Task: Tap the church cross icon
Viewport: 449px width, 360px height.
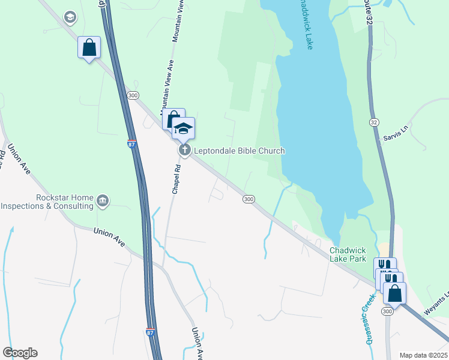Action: [185, 150]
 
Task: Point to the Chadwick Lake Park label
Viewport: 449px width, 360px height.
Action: [348, 254]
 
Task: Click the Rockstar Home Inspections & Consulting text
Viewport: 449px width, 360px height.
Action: [48, 202]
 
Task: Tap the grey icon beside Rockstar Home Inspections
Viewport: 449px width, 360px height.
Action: [103, 200]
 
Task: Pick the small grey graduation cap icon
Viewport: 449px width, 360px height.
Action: [70, 17]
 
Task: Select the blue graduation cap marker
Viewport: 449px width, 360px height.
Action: [184, 128]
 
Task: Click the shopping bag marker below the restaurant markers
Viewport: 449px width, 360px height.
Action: [394, 293]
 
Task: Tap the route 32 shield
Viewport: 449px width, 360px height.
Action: [374, 122]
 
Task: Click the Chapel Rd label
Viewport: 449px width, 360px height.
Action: [176, 177]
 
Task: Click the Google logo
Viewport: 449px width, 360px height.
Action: [20, 352]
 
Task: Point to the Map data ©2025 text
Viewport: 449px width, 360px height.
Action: [423, 355]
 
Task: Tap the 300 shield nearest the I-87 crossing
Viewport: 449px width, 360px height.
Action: [133, 95]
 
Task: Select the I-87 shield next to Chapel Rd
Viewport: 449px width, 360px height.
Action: [132, 145]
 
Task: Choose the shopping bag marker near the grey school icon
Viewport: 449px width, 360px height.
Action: [89, 47]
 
